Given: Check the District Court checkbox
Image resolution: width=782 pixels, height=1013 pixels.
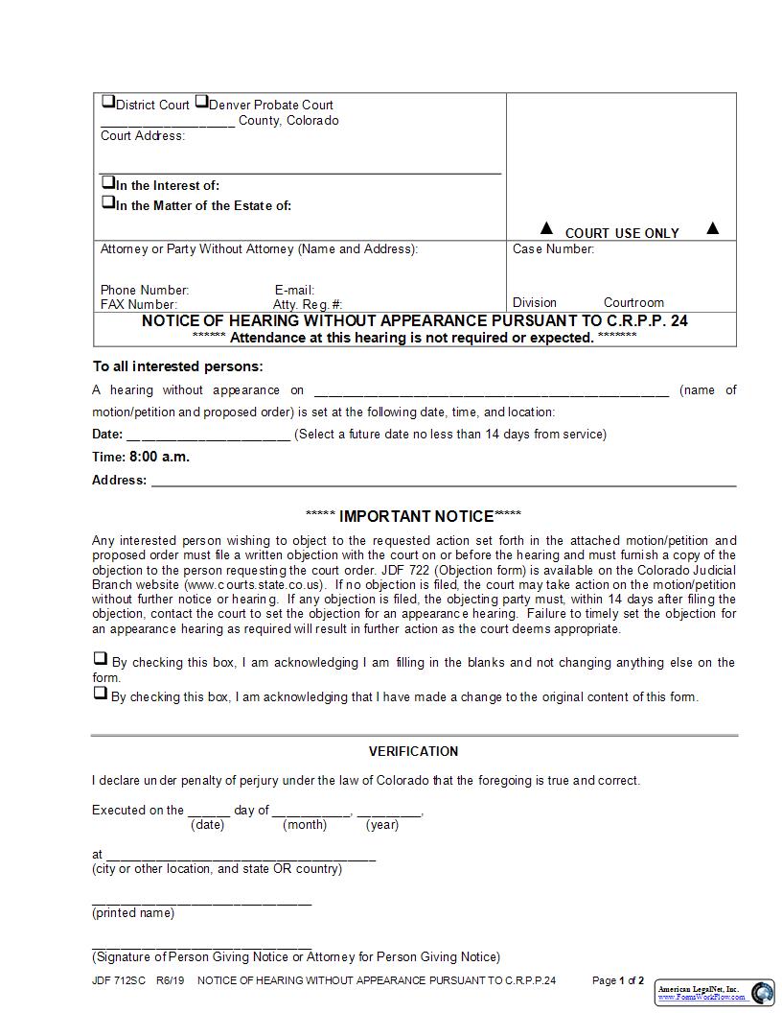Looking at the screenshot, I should coord(107,102).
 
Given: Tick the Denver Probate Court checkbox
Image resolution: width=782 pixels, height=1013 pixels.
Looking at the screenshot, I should coord(201,102).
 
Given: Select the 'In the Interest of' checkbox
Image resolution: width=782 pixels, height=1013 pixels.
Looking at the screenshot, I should coord(107,182).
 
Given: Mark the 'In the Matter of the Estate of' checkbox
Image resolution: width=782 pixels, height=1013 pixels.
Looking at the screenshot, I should coord(107,202).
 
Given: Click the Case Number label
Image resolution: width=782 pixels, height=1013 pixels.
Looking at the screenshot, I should coord(553,249).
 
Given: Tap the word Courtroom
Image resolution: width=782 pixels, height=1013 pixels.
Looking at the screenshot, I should coord(633,302).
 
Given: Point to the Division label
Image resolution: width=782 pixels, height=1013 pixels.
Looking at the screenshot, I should coord(535,302).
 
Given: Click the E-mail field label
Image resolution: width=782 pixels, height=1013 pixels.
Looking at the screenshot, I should coord(294,290).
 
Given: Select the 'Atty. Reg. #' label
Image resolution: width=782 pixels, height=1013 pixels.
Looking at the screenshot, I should coord(308,304).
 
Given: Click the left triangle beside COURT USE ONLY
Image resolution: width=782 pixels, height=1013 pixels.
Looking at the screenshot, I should coord(546,228).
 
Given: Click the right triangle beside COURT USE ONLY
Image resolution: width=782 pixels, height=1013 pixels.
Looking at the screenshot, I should coord(712,228).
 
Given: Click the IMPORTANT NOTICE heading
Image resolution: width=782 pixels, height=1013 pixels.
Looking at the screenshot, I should coord(413,516).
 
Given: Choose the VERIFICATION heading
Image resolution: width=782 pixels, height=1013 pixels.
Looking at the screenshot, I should coord(413,751).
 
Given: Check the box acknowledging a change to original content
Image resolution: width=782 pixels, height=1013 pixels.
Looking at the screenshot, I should coord(100,693).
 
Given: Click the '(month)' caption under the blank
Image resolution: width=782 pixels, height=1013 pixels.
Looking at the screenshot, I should coord(305,825).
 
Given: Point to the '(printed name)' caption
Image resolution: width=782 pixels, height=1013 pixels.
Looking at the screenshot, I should coord(133,913).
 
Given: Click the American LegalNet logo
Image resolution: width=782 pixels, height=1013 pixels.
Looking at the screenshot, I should coord(715,993).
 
